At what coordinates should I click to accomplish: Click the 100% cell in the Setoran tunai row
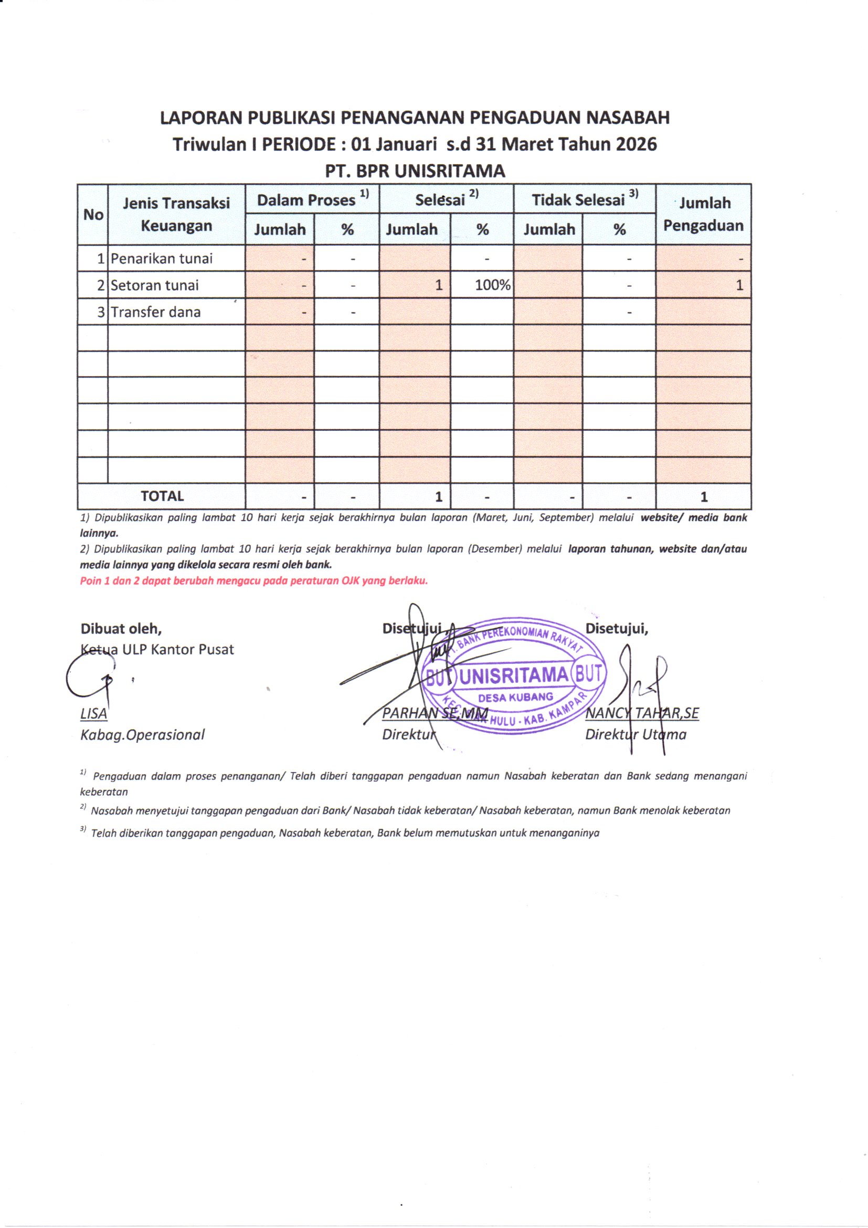click(x=492, y=285)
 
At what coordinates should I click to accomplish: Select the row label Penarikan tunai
click(x=162, y=259)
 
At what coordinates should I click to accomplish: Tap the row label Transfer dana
click(x=155, y=313)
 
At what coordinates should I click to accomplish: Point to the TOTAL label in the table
click(x=162, y=496)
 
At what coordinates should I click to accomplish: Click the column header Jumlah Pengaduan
click(x=703, y=214)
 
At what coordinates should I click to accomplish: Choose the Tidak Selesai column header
click(x=584, y=200)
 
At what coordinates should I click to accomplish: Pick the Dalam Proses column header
click(x=312, y=200)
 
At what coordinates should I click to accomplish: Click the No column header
click(x=93, y=214)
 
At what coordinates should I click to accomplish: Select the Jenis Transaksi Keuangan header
click(x=176, y=214)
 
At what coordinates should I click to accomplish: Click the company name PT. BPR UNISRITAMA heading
click(x=415, y=171)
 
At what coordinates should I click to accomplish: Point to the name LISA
click(x=93, y=714)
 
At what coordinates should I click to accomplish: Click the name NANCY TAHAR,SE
click(x=642, y=713)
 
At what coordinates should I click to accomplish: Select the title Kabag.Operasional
click(x=142, y=735)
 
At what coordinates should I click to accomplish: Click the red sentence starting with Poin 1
click(x=254, y=581)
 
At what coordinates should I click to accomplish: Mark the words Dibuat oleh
click(x=121, y=628)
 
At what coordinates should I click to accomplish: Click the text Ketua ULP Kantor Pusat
click(x=157, y=650)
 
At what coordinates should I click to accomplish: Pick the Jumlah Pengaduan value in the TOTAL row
click(x=703, y=497)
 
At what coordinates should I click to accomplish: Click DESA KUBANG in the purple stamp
click(x=515, y=698)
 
